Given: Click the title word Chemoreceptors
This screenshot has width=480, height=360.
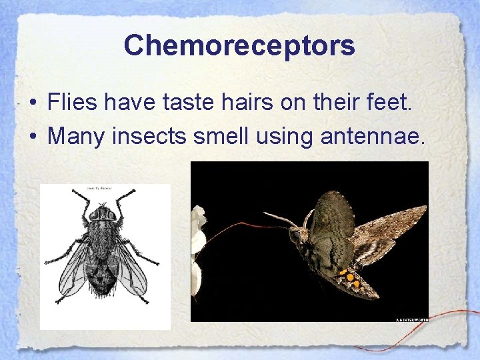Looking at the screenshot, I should point(239,45).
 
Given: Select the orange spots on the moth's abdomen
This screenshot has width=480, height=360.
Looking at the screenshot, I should point(349,276).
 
